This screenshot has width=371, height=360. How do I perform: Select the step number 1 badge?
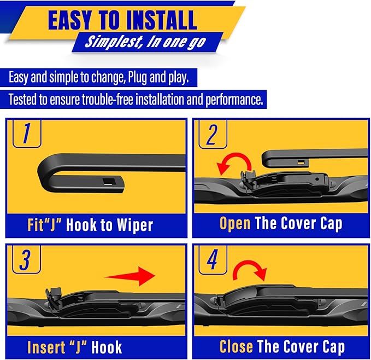click(25, 133)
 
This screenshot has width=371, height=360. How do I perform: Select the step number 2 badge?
click(211, 133)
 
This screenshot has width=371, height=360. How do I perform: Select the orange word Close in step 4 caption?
click(236, 346)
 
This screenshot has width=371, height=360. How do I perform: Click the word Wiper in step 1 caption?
click(133, 224)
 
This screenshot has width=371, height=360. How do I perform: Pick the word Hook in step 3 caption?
click(106, 347)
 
